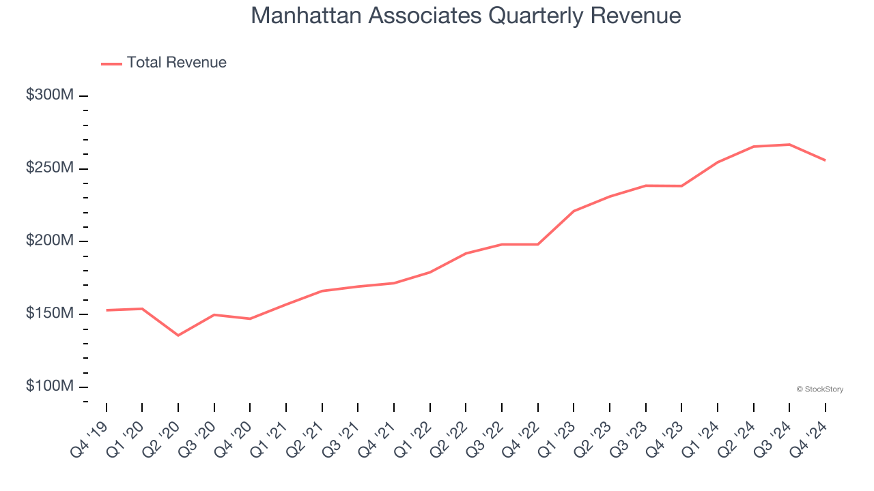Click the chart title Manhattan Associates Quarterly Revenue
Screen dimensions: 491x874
click(466, 16)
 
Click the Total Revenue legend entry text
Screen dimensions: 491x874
click(176, 63)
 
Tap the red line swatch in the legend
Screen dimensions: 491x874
click(111, 63)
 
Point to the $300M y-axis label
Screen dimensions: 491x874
click(50, 95)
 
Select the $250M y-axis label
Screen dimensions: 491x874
click(50, 168)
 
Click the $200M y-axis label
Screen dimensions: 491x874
click(50, 241)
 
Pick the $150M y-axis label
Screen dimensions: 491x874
click(50, 314)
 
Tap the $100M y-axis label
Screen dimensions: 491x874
click(50, 387)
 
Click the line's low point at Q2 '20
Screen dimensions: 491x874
click(178, 336)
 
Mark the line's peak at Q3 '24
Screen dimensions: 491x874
click(789, 145)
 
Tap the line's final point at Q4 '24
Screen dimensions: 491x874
click(825, 160)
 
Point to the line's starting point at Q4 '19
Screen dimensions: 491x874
click(107, 310)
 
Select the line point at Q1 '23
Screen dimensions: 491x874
click(574, 211)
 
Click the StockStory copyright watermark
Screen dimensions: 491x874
click(819, 389)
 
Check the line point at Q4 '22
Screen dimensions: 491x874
click(538, 244)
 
